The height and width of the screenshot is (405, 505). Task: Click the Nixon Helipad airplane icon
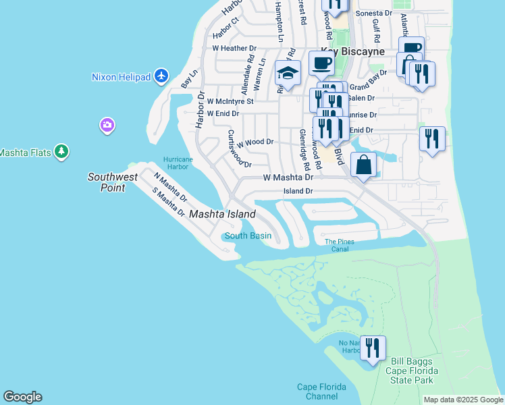(161, 76)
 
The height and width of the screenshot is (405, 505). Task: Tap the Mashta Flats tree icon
(61, 152)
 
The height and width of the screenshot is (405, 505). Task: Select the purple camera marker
(107, 125)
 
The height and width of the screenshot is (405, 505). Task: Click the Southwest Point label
(113, 182)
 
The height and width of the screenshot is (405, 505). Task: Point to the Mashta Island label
(222, 214)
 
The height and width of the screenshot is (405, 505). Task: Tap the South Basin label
(248, 236)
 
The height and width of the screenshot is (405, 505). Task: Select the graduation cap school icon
(288, 73)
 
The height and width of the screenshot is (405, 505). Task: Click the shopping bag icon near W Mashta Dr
(363, 165)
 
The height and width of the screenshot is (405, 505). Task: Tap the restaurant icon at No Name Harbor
(373, 348)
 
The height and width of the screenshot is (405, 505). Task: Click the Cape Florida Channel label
(321, 391)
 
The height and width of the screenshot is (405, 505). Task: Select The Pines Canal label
(340, 245)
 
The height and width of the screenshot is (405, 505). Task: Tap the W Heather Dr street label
(234, 49)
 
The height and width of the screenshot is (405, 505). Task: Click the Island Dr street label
(298, 191)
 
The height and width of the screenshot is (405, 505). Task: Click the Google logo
(22, 397)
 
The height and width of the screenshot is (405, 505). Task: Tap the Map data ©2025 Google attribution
(462, 400)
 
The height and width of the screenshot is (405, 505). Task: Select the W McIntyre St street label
(230, 101)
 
